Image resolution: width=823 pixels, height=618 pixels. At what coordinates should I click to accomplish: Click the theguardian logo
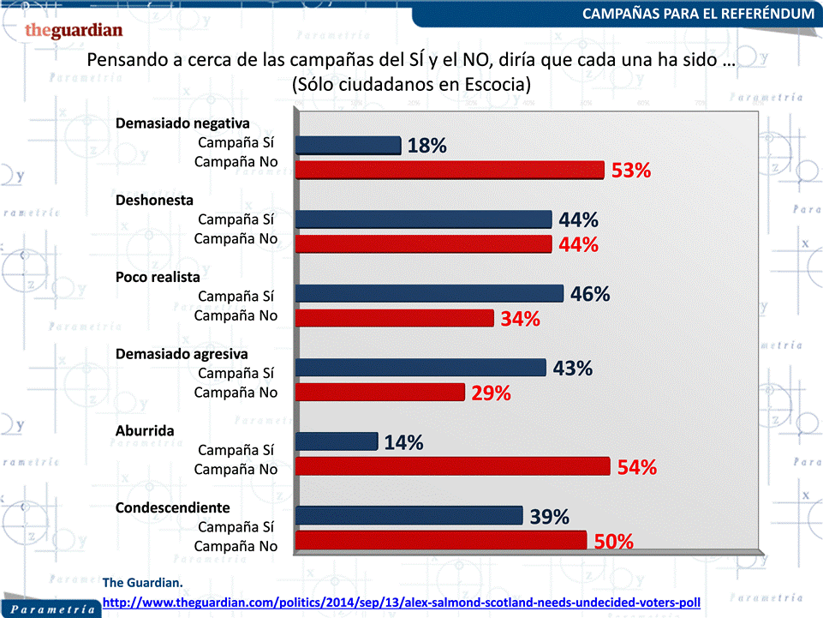point(74,31)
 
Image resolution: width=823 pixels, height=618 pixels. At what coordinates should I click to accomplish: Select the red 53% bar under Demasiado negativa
point(450,170)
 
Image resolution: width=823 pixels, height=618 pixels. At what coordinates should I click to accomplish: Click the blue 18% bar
point(348,145)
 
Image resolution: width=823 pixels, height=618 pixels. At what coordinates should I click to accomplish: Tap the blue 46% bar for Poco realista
point(429,293)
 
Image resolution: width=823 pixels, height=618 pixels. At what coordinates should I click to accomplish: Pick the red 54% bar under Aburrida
point(453,467)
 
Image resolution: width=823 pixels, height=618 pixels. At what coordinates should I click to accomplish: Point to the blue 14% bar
point(337,441)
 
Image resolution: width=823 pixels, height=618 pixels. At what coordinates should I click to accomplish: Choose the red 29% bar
point(380,393)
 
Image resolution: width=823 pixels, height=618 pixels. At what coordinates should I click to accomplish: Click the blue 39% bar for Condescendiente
point(409,515)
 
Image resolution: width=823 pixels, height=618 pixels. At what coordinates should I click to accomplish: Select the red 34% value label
point(521,320)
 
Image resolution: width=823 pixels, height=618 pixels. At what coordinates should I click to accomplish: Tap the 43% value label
point(573,369)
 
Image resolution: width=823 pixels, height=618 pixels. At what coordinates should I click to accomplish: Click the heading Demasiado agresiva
point(182,353)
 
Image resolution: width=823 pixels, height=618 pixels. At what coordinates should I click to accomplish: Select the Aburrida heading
point(145,430)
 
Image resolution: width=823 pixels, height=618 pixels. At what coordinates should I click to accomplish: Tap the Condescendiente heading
point(173,507)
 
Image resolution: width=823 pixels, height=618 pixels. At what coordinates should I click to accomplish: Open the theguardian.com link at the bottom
point(402,603)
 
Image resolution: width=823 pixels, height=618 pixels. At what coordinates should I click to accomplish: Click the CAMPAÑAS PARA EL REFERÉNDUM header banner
point(697,14)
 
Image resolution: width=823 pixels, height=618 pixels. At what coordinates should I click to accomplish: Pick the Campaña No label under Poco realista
point(236,315)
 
